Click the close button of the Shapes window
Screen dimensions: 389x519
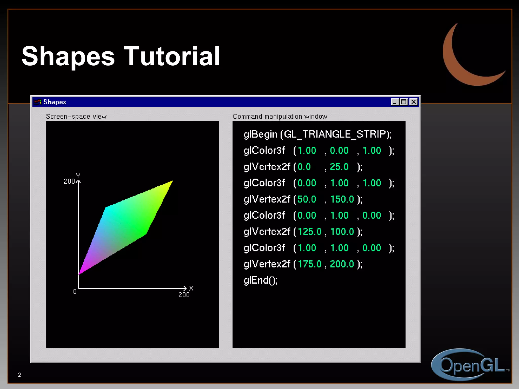[414, 102]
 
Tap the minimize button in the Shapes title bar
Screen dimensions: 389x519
[395, 102]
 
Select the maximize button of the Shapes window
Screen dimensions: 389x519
[404, 102]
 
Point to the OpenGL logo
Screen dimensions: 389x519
[469, 365]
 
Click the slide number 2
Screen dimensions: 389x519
[20, 375]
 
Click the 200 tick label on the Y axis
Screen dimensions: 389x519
[69, 181]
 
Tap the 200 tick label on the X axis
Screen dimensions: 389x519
[184, 295]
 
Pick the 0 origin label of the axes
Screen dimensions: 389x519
[75, 291]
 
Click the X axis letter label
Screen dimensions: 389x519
[191, 288]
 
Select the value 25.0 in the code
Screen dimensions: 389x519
[339, 167]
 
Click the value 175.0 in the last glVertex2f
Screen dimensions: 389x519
[309, 264]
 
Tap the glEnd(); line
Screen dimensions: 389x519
[261, 280]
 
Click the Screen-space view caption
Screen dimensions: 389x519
[76, 116]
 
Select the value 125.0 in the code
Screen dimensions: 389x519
[309, 232]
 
